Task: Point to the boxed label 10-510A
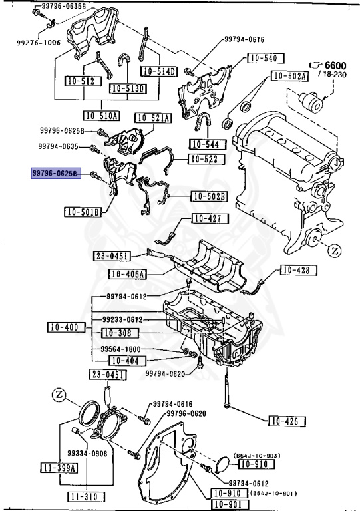click(101, 115)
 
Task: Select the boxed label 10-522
click(206, 159)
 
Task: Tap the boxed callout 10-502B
click(208, 196)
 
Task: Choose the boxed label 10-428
click(297, 270)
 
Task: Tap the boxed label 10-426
click(287, 421)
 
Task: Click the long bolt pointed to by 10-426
click(228, 392)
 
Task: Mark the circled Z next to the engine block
click(335, 251)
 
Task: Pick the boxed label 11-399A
click(57, 467)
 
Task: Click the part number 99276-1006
click(38, 42)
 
